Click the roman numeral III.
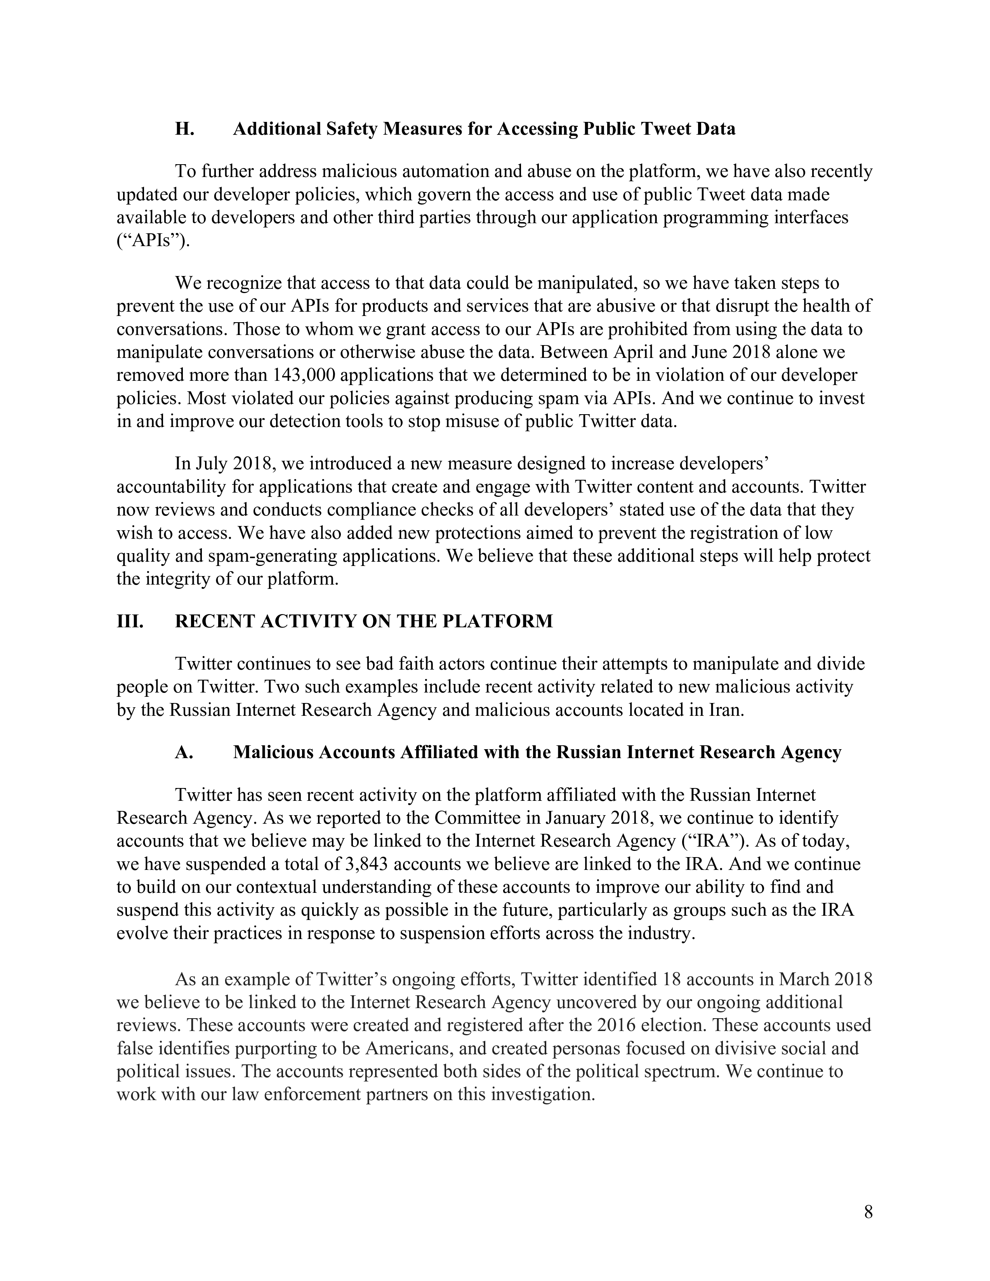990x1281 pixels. [130, 621]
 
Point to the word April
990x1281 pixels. [637, 352]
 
